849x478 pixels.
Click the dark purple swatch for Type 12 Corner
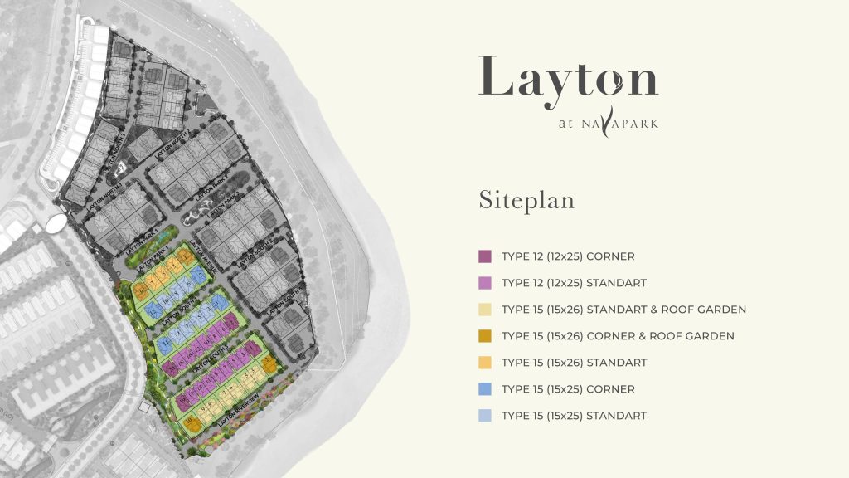point(485,256)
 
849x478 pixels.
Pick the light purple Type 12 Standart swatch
point(485,283)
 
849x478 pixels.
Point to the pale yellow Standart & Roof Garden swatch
point(485,310)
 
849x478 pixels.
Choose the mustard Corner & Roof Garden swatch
point(485,336)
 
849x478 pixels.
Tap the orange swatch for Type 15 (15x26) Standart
point(485,363)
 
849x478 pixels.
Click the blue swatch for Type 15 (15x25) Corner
point(485,389)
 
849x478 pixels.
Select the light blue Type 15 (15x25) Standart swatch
point(485,416)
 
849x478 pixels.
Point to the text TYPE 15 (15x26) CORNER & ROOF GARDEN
point(618,336)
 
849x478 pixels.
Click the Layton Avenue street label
point(201,256)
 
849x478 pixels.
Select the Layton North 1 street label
point(105,195)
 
